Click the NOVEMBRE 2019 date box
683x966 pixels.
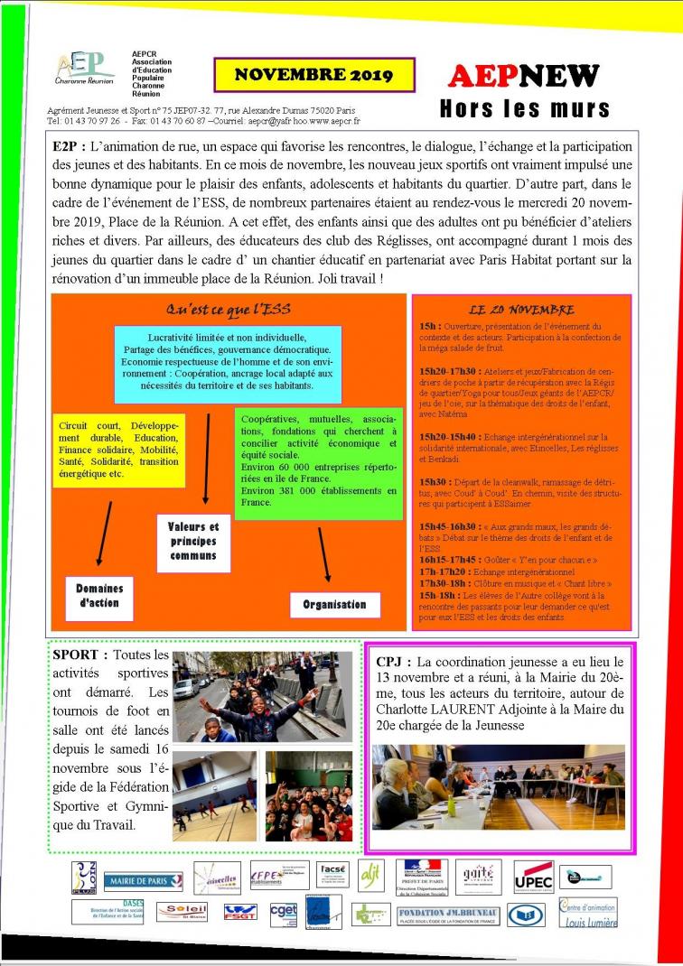pos(313,76)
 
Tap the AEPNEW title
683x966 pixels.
pos(524,77)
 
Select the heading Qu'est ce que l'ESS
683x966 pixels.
pos(227,309)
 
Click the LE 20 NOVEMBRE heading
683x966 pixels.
pos(521,309)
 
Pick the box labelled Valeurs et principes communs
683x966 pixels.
pos(194,541)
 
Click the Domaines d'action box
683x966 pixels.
pos(98,596)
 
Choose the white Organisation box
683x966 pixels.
pos(334,604)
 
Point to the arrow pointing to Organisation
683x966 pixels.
pos(323,554)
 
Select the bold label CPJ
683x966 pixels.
pos(394,662)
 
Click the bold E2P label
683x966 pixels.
pos(69,145)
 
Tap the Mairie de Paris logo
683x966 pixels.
pos(143,881)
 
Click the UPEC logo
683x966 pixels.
pos(533,877)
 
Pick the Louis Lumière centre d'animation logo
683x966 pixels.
pos(588,913)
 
